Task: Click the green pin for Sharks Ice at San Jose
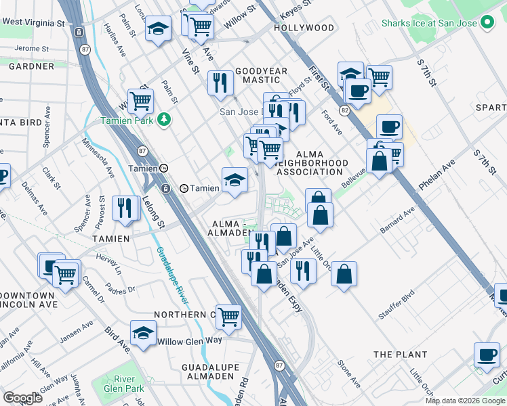[486, 23]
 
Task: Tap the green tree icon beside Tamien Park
[163, 120]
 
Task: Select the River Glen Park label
[125, 384]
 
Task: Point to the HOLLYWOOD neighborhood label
[304, 28]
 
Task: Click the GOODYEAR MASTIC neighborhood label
[262, 75]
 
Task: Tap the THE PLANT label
[400, 355]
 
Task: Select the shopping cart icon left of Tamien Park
[140, 101]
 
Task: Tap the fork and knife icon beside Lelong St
[124, 207]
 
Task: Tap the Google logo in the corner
[22, 398]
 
